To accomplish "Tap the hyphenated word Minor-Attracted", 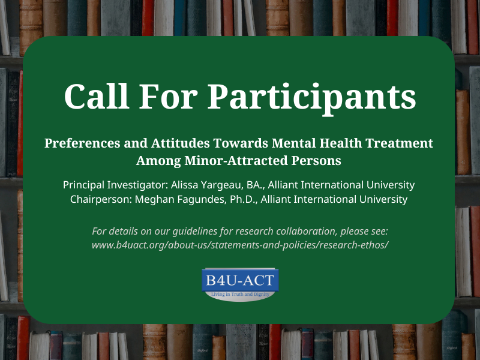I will tap(229, 161).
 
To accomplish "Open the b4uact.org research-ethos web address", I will tap(240, 245).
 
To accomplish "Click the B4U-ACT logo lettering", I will tap(240, 280).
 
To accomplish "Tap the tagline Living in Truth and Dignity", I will tap(240, 294).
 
